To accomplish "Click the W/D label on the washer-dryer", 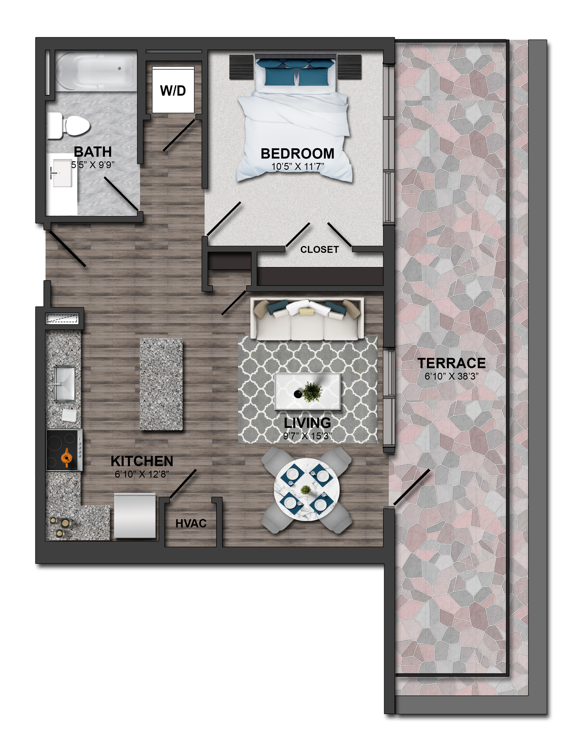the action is [173, 91].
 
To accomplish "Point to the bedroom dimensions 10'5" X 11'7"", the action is [298, 167].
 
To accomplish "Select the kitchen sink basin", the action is [65, 384].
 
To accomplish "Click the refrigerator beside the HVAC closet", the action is [135, 515].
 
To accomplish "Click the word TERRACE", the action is [452, 363].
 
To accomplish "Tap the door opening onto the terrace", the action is [411, 488].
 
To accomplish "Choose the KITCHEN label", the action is [142, 461].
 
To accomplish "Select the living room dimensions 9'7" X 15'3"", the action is [307, 436].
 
